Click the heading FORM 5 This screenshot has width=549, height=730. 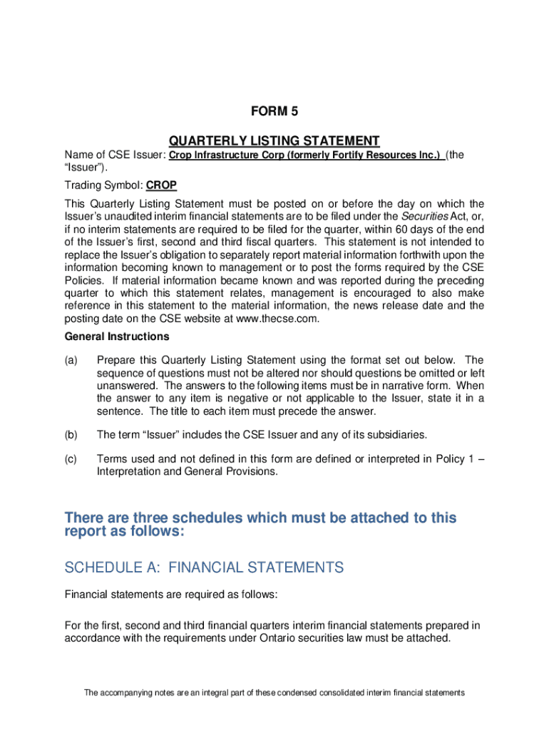[x=274, y=111]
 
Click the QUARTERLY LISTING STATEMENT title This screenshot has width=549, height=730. [x=274, y=140]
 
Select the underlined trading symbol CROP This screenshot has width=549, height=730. [x=161, y=185]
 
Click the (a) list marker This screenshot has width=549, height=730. [x=71, y=360]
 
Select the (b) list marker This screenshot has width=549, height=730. [x=71, y=434]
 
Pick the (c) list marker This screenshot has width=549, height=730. [x=71, y=458]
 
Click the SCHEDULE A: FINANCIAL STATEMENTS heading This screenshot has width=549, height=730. [x=204, y=567]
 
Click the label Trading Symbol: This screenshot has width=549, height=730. [x=104, y=185]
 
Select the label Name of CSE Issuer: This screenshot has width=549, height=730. [x=115, y=155]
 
